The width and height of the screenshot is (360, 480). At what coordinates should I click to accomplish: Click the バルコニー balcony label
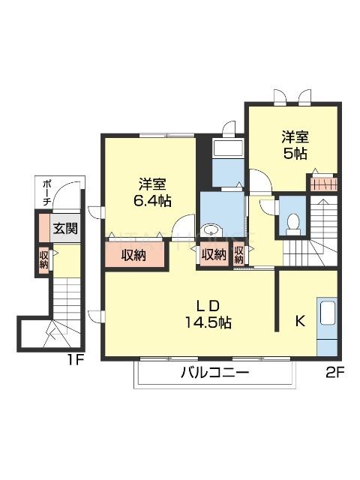coord(213,373)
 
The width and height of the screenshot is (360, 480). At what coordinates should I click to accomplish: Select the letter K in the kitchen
coord(298,322)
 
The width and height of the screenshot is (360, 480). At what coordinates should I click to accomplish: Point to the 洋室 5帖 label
coord(294,145)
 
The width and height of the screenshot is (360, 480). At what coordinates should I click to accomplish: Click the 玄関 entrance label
coord(64,228)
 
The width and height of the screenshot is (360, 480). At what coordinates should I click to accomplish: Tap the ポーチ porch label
coord(46,193)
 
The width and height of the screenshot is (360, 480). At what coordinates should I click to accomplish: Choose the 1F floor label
coord(73,359)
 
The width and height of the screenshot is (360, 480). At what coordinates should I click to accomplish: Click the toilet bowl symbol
coord(292,223)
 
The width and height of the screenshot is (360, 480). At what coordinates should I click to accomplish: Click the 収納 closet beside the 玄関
coord(44,259)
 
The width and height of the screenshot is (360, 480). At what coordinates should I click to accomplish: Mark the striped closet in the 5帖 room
coord(323,184)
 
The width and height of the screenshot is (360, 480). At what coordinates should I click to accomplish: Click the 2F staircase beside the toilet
coord(322,225)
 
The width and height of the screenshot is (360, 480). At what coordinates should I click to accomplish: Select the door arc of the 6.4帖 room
coord(183,226)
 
